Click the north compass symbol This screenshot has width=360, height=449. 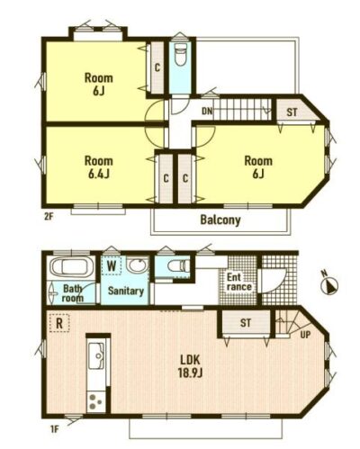(x=329, y=284)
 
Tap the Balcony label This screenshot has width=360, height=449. (x=220, y=220)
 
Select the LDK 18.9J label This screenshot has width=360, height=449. (x=190, y=366)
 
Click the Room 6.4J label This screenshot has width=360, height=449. (x=98, y=167)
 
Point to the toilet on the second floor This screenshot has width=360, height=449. (x=180, y=55)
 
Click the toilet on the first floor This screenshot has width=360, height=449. (x=178, y=265)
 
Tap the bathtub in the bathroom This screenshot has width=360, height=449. (x=70, y=267)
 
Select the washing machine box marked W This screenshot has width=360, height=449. (x=112, y=265)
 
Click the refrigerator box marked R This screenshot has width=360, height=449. (x=59, y=323)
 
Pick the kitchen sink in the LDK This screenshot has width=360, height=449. (x=96, y=355)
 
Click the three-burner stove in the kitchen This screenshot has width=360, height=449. (x=96, y=401)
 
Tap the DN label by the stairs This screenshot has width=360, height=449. (x=207, y=112)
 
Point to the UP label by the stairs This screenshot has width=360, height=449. (x=305, y=335)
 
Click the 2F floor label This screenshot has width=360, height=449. (x=49, y=217)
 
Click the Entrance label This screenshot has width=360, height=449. (x=238, y=282)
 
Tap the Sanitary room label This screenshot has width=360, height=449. (x=126, y=291)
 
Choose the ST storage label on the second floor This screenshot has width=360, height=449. (x=292, y=112)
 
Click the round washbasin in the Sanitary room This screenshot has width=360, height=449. (x=138, y=265)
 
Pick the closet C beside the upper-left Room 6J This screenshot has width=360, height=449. (x=157, y=67)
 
